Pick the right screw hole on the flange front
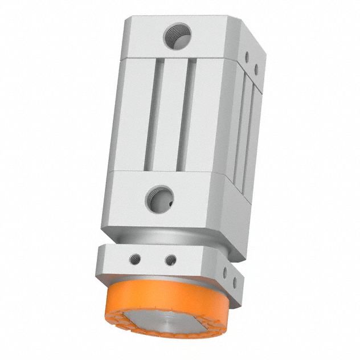click(x=169, y=260)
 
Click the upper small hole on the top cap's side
click(x=247, y=57)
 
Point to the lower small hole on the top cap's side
click(x=256, y=69)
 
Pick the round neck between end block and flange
click(x=171, y=238)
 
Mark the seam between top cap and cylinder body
click(x=177, y=58)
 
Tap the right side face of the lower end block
click(x=245, y=216)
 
